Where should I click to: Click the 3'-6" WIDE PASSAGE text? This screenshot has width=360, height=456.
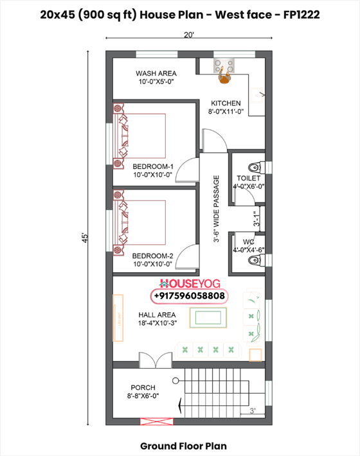coord(217,209)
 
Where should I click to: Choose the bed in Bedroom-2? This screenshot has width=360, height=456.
coord(141,224)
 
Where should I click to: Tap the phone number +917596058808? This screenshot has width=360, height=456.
coord(189,295)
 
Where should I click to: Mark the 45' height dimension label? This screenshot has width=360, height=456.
coord(84,238)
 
